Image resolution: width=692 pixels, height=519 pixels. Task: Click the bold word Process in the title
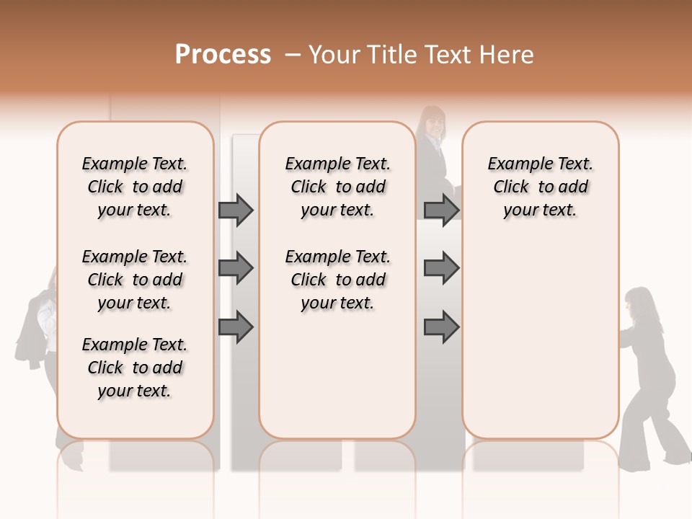coord(223,55)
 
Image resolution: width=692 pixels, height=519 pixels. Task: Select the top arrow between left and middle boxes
coord(236,210)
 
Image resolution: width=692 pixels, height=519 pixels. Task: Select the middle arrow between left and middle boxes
coord(236,269)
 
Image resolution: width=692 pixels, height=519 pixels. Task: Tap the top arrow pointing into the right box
coord(441,210)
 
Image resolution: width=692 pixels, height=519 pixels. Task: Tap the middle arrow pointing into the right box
coord(441,269)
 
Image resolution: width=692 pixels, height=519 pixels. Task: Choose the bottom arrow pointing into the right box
coord(441,328)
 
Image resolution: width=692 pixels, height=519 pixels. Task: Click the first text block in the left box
coord(135,187)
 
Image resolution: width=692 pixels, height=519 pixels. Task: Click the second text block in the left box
coord(135,280)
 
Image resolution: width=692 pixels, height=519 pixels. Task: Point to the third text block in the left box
coord(135,368)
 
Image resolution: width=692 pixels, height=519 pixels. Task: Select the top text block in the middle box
coord(337,187)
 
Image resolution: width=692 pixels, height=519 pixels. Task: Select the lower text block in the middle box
coord(337,280)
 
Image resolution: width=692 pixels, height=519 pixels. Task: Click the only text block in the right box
coord(541,187)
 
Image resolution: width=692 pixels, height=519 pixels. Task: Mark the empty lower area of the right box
coord(541,346)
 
